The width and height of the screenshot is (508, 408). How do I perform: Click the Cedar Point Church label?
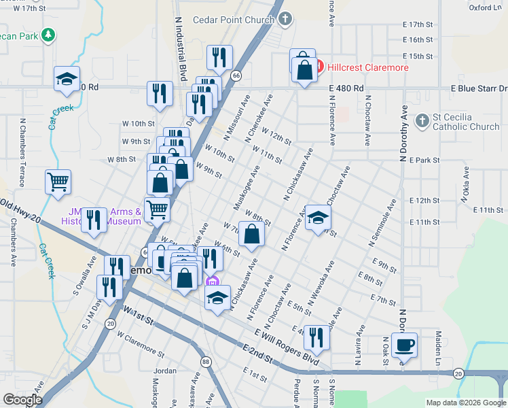pos(235,20)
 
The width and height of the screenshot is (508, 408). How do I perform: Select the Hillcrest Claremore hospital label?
pos(368,67)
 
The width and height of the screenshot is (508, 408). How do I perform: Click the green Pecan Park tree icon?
pos(48,34)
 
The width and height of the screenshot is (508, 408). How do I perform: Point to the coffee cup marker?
pos(404,345)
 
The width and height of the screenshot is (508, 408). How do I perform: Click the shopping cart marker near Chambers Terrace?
pos(58,182)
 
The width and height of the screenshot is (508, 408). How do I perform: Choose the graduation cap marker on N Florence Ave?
pos(317,218)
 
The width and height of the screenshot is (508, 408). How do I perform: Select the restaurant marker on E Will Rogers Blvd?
pos(316,337)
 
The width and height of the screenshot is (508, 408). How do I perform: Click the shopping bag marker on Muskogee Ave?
pos(251,235)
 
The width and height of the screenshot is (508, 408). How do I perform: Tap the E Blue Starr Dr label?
pos(479,89)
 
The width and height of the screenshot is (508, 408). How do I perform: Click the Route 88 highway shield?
pos(205,362)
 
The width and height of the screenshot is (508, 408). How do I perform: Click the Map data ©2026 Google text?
pos(465,403)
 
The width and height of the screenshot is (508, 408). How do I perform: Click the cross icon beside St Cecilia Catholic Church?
pos(422,122)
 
